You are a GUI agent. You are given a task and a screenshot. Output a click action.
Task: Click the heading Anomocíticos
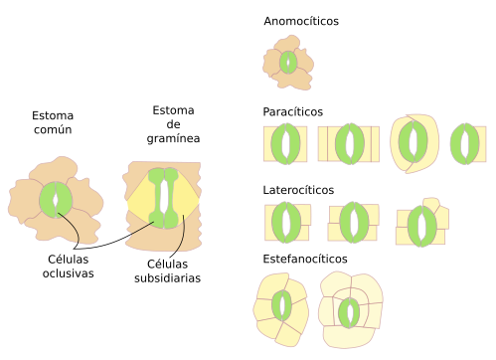pos(301,21)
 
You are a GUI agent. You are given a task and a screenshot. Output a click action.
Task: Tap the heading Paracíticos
pos(292,111)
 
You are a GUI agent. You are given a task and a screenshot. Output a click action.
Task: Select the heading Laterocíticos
pos(298,190)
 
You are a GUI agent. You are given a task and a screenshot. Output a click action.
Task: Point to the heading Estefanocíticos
pos(305,259)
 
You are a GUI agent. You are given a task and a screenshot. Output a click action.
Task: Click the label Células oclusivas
pos(68,267)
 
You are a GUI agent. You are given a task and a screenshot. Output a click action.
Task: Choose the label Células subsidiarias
pos(167,270)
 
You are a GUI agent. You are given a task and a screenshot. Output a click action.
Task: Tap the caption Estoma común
pos(53,122)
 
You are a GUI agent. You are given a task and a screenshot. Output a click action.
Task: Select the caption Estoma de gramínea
pos(173,124)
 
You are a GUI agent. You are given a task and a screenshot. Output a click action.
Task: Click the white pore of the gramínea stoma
pos(163,198)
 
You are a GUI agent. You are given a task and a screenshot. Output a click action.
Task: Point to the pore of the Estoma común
pos(56,201)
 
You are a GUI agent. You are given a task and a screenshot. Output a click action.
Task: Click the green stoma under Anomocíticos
pos(288,63)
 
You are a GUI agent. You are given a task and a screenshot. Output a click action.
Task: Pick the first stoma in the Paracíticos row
pos(285,144)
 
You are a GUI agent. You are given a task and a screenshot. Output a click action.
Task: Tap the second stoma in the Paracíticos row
pos(350,144)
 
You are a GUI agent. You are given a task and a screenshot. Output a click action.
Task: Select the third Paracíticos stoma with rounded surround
pos(413,141)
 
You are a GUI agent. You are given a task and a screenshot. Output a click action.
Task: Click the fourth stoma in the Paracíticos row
pos(465,144)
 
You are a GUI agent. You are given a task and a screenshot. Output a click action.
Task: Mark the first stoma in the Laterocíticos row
pos(286,223)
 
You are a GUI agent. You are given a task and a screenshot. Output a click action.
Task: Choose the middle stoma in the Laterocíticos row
pos(354,223)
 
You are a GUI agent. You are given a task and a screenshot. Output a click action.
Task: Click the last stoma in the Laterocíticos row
pos(422,227)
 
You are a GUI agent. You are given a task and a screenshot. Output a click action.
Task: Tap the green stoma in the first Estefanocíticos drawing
pos(282,305)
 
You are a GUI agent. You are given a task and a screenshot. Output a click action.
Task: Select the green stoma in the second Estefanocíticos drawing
pos(349,313)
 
